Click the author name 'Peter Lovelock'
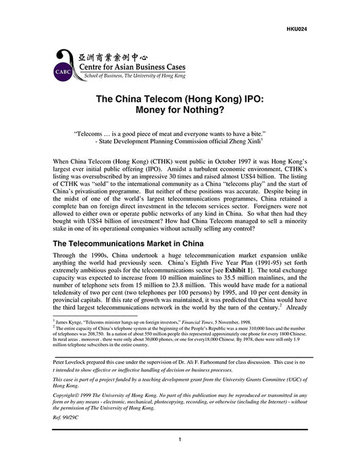tap(68, 362)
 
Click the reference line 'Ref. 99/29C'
tap(66, 419)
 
